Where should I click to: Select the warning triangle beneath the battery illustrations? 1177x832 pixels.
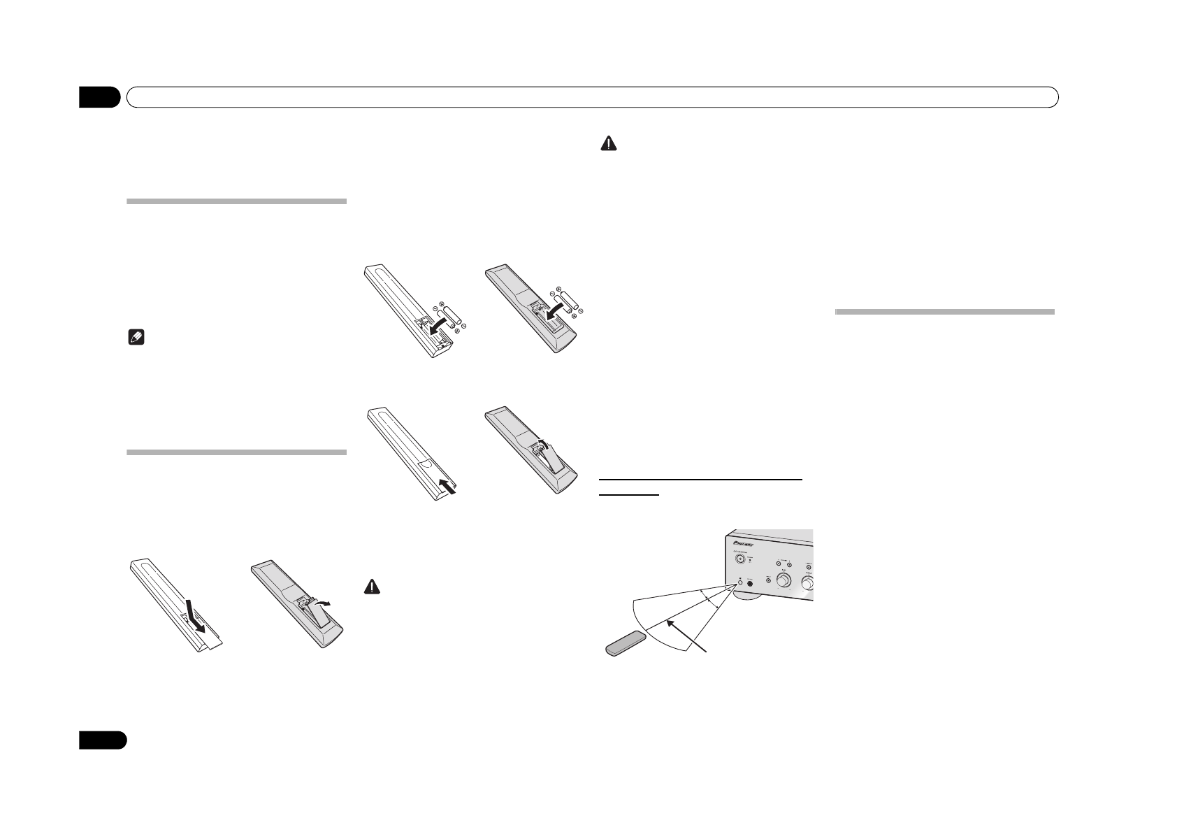[x=373, y=589]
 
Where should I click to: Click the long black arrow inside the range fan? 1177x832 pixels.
[x=684, y=633]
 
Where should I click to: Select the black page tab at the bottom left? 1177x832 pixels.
[x=102, y=740]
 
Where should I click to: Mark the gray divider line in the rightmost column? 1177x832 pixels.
[x=944, y=312]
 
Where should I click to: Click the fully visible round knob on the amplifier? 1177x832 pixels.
[x=784, y=582]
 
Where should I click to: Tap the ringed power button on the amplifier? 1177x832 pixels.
[x=739, y=559]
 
